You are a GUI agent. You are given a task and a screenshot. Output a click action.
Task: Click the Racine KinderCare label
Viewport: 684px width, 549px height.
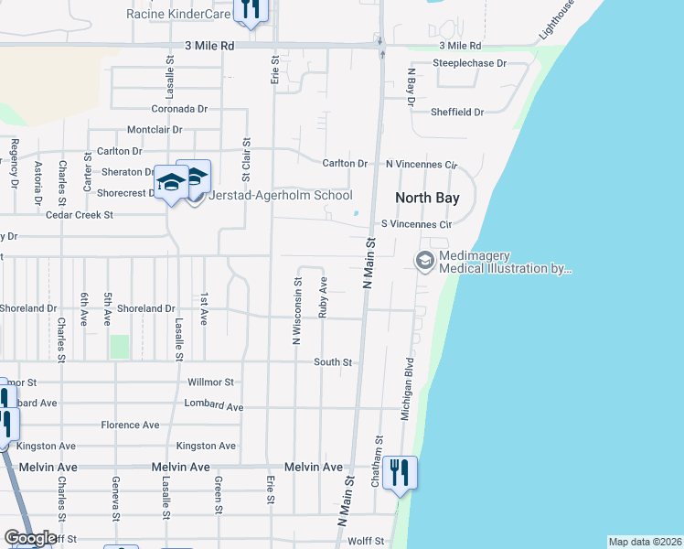click(x=178, y=14)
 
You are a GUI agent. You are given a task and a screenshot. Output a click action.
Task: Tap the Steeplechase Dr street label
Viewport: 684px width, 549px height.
click(x=469, y=63)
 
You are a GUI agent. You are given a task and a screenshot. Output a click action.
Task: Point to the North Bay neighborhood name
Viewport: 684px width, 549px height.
click(x=426, y=198)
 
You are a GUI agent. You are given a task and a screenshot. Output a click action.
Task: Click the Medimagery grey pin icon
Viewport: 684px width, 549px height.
click(x=424, y=262)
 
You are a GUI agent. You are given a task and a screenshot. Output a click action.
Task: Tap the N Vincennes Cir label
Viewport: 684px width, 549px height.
click(x=421, y=164)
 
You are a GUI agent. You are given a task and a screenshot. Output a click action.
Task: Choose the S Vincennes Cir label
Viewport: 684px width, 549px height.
click(x=416, y=223)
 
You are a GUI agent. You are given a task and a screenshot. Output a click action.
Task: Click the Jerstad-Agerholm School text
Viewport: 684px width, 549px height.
click(x=281, y=195)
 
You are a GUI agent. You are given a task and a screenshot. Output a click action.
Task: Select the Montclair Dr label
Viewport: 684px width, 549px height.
click(x=155, y=130)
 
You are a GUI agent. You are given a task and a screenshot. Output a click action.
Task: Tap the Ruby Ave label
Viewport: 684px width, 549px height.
click(x=324, y=297)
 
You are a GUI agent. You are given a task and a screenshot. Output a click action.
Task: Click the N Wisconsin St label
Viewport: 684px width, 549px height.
click(x=297, y=311)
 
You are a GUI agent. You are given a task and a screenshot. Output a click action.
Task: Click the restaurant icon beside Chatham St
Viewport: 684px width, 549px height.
click(x=400, y=472)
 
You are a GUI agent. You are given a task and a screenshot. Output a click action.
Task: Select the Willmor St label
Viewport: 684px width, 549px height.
click(x=209, y=382)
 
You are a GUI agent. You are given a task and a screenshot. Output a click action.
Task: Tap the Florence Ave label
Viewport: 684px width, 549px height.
click(x=130, y=425)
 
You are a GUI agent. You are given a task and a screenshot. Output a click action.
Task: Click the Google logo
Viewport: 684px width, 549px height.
click(x=30, y=538)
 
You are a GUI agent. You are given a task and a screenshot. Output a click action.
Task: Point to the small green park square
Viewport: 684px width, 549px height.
click(x=119, y=347)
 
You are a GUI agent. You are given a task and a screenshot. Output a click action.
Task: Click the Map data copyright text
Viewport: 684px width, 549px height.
click(x=645, y=542)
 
